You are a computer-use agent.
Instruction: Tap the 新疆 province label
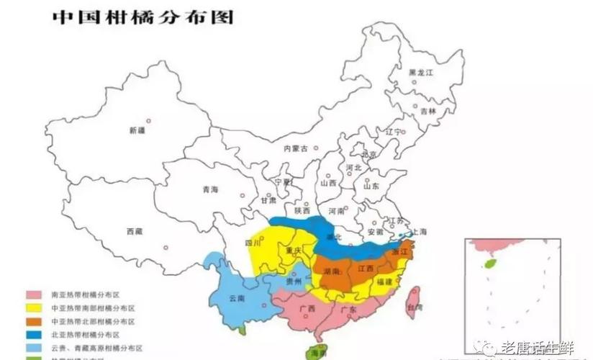(137, 130)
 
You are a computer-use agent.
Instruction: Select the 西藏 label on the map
(135, 231)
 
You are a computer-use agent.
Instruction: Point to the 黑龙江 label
(421, 73)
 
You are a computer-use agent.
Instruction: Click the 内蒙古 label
(295, 148)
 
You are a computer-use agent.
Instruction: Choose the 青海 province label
(210, 189)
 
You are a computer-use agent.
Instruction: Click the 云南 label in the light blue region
(237, 298)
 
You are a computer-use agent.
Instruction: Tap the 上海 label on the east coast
(418, 231)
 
